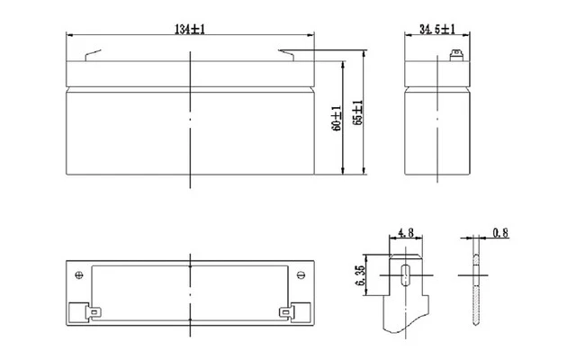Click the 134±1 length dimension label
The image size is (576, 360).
pos(190,29)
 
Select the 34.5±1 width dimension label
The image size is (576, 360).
pos(437,29)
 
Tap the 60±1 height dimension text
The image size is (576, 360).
pos(336,118)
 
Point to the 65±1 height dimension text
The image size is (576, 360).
pos(357,112)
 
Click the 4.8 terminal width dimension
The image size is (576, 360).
pos(406,232)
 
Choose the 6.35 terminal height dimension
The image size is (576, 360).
pos(361,275)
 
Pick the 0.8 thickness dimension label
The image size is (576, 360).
pos(500,233)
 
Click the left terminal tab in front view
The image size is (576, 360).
pos(93,55)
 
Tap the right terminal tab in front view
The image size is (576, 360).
pos(286,55)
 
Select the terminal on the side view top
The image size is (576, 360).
pos(456,56)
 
